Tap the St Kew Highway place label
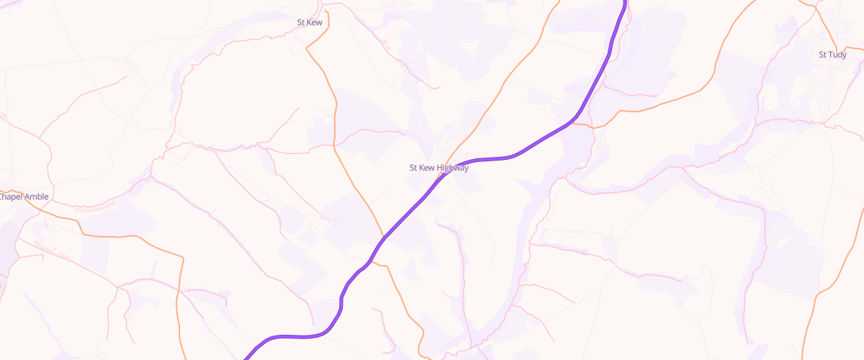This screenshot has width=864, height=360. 438,168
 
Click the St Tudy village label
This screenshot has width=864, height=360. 832,55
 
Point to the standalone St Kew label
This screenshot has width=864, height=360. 309,22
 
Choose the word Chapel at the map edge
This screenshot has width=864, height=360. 10,197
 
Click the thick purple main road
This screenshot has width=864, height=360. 547,140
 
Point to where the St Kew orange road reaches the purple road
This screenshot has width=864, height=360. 382,238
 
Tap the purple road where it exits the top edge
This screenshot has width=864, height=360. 625,2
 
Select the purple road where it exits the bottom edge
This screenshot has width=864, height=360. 247,357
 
